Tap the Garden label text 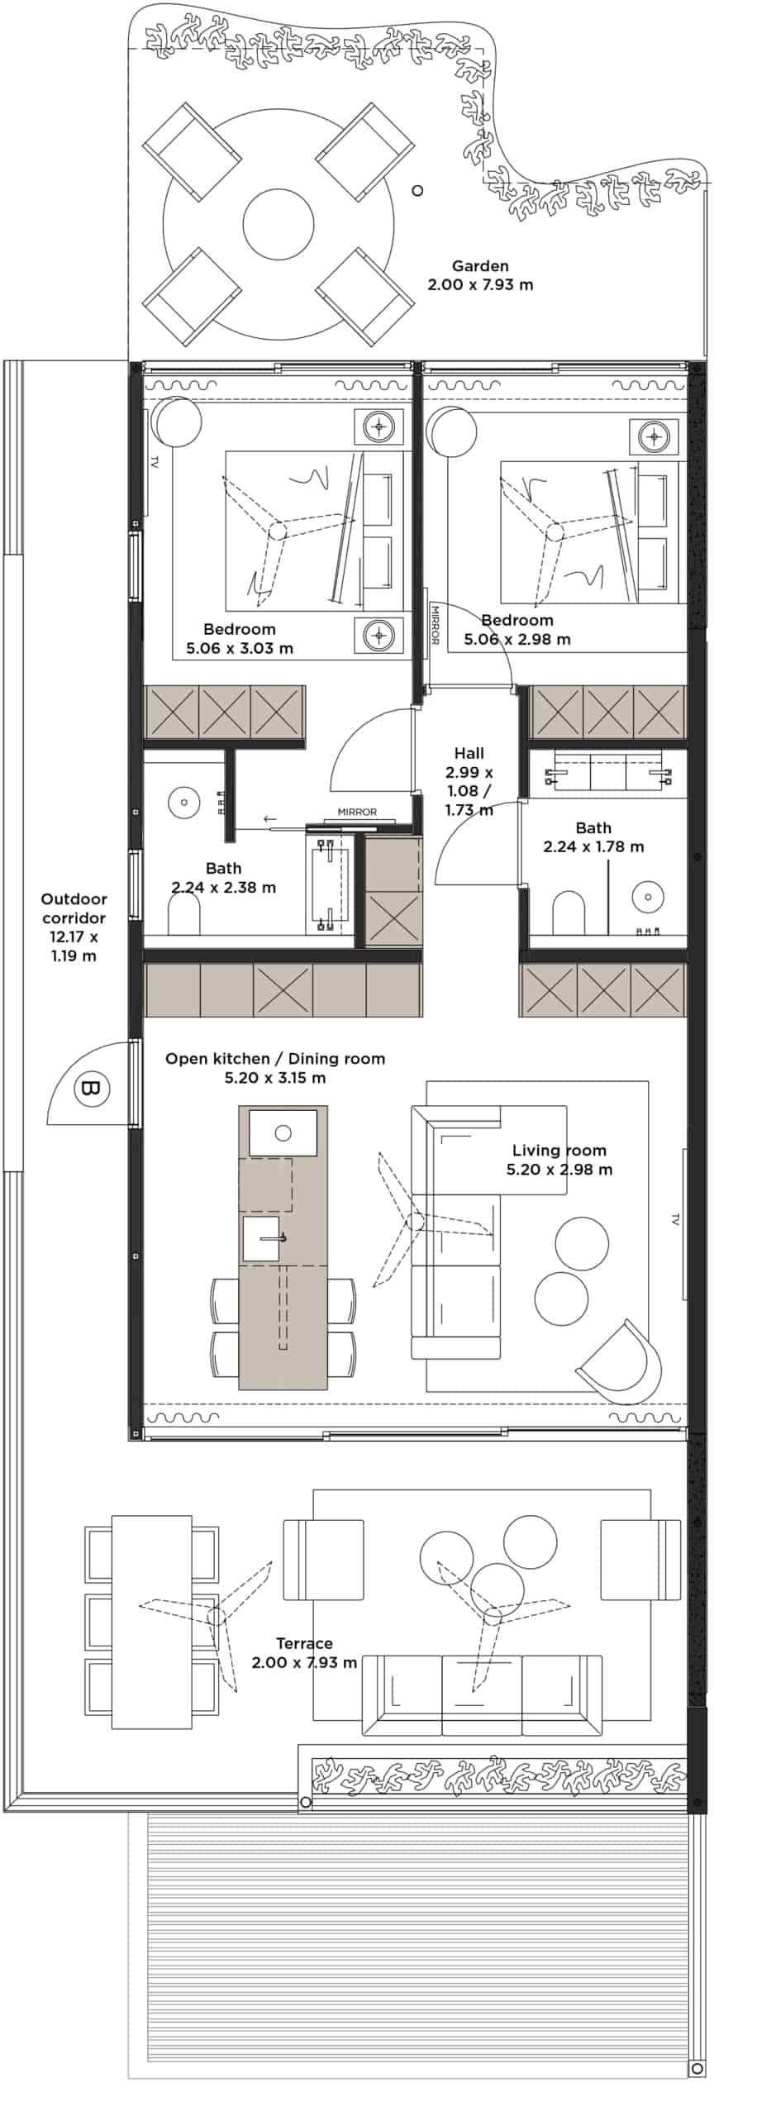(480, 266)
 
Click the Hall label (469, 753)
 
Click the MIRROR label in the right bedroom (435, 625)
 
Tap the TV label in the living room (675, 1218)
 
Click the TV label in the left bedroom (154, 462)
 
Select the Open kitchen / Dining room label (275, 1059)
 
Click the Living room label (559, 1151)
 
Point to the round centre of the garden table (279, 224)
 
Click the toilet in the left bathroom (184, 915)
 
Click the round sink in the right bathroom (649, 897)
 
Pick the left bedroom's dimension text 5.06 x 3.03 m (240, 648)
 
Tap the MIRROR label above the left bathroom (357, 812)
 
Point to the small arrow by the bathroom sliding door (270, 819)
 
